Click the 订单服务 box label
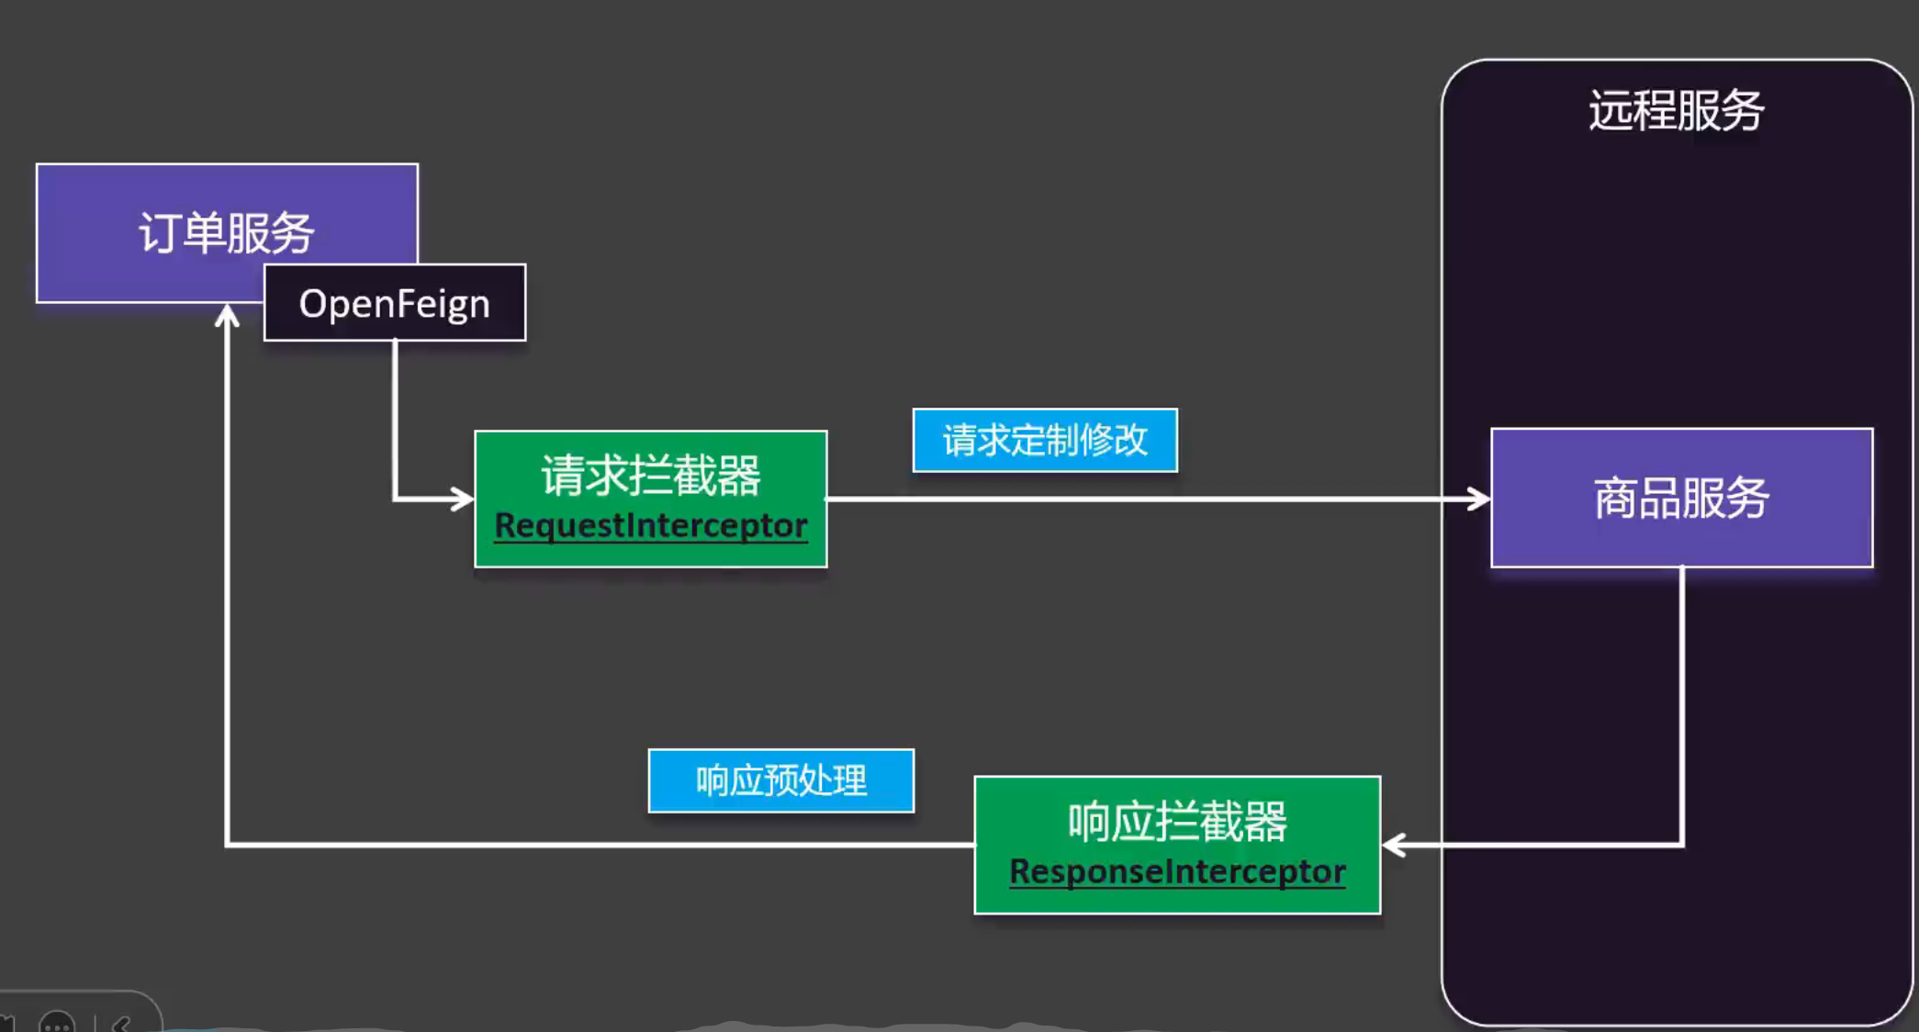[x=227, y=232]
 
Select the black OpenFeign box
[x=395, y=303]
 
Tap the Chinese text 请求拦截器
[x=650, y=476]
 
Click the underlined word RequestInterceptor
[x=650, y=525]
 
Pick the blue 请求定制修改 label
[x=1045, y=440]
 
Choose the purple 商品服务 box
[x=1681, y=498]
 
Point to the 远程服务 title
[x=1676, y=110]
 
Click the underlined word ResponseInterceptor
[x=1177, y=871]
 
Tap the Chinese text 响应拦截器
[x=1177, y=821]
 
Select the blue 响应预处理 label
[x=780, y=780]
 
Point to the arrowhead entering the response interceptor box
[x=1393, y=845]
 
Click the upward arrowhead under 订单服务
[x=227, y=317]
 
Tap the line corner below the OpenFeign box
[x=395, y=499]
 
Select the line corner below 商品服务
[x=1681, y=844]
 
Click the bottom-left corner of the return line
[x=227, y=844]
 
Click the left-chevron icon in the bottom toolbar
[x=121, y=1024]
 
